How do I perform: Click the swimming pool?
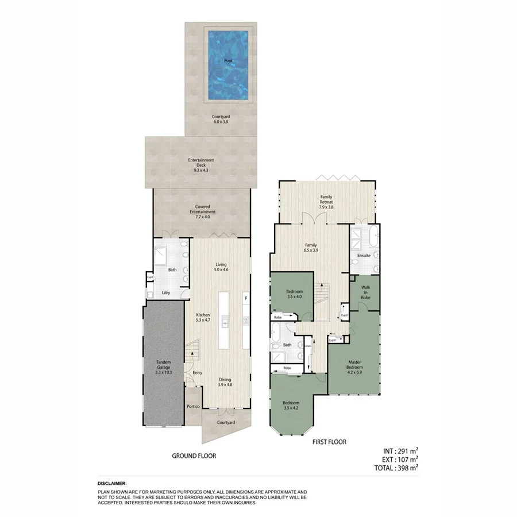click(x=229, y=64)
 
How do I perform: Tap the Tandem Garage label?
click(x=164, y=367)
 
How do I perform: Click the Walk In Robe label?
click(x=365, y=294)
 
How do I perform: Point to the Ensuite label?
click(x=363, y=256)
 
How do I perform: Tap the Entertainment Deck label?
click(x=201, y=165)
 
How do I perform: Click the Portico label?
click(x=193, y=407)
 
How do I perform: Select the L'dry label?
click(x=166, y=293)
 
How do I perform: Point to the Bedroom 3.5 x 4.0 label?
click(x=294, y=294)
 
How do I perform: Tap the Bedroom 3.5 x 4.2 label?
click(x=291, y=406)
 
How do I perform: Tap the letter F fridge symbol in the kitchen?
click(x=246, y=299)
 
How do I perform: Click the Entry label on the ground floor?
click(x=198, y=373)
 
